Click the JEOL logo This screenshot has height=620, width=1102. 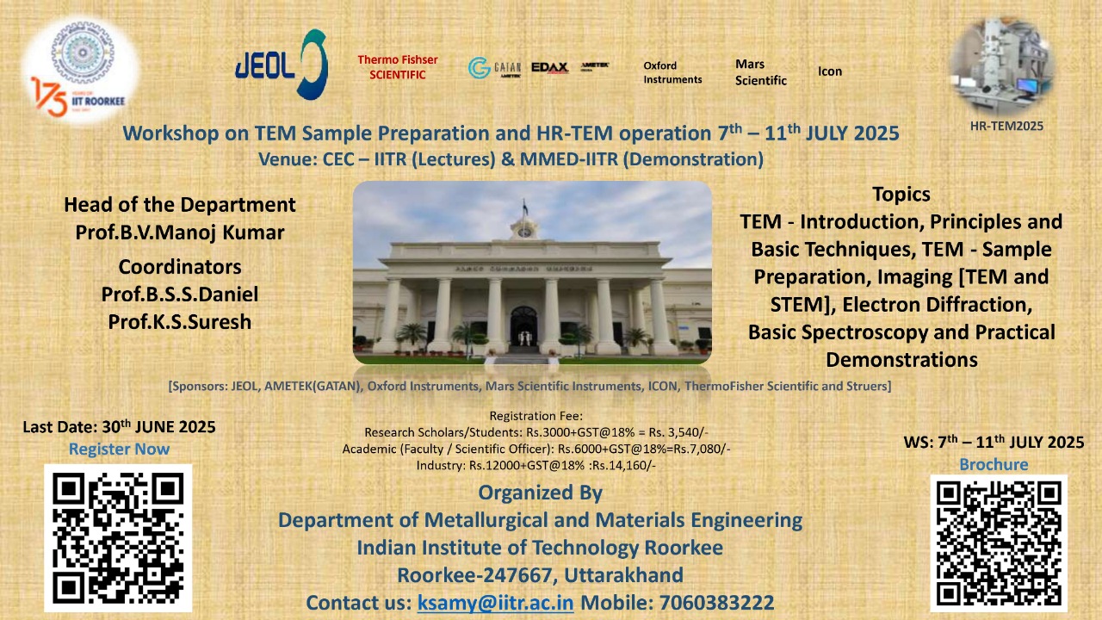pos(281,65)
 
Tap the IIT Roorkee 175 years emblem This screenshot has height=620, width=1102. pos(80,72)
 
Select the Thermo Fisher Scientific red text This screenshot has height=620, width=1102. pos(398,67)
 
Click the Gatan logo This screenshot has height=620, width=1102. pos(494,68)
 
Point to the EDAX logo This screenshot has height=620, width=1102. pos(549,67)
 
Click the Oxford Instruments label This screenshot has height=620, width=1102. pos(672,72)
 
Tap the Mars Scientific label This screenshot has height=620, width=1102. pos(761,72)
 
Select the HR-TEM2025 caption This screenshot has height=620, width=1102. pos(1006,126)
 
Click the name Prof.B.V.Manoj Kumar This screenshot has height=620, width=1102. pos(180,232)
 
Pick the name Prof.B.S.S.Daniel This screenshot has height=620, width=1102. pos(180,294)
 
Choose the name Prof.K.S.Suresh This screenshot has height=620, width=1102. pos(180,321)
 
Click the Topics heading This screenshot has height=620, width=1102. pos(901,195)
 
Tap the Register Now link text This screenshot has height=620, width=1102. pos(119,449)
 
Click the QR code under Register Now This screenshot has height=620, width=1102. pos(118,537)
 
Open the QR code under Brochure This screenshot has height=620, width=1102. pos(999,542)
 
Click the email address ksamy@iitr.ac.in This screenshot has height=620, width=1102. pos(495,602)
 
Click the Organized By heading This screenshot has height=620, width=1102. pos(540,493)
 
